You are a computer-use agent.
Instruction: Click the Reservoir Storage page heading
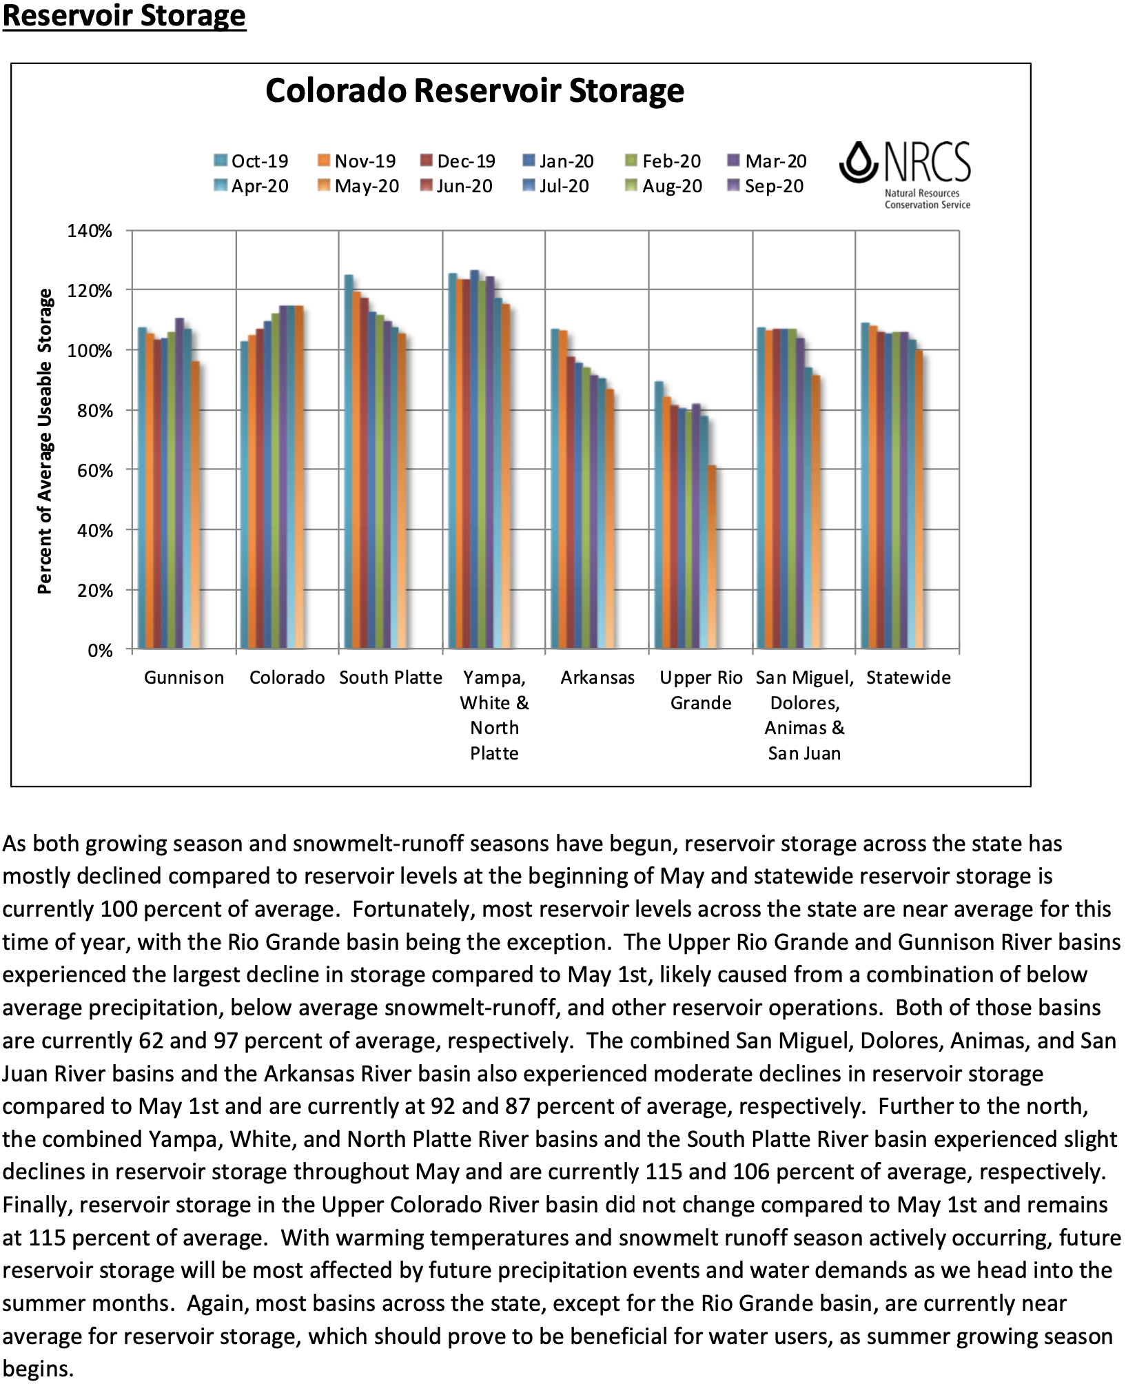pyautogui.click(x=124, y=15)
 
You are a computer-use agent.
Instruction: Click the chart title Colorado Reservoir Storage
pyautogui.click(x=475, y=90)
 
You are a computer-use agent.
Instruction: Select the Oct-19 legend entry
pyautogui.click(x=252, y=161)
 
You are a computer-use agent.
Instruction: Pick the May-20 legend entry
pyautogui.click(x=359, y=186)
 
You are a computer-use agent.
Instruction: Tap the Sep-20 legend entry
pyautogui.click(x=766, y=186)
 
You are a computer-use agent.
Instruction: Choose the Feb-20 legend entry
pyautogui.click(x=664, y=161)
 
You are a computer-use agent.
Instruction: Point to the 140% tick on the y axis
pyautogui.click(x=90, y=231)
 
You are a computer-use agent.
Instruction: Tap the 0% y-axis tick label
pyautogui.click(x=100, y=651)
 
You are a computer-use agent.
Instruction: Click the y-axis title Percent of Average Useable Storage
pyautogui.click(x=45, y=441)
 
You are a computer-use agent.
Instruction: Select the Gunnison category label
pyautogui.click(x=184, y=678)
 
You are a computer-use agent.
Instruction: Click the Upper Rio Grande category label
pyautogui.click(x=701, y=690)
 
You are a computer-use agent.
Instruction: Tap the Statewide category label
pyautogui.click(x=908, y=678)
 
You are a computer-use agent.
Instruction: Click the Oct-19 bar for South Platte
pyautogui.click(x=349, y=462)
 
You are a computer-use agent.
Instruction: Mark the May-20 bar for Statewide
pyautogui.click(x=919, y=500)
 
